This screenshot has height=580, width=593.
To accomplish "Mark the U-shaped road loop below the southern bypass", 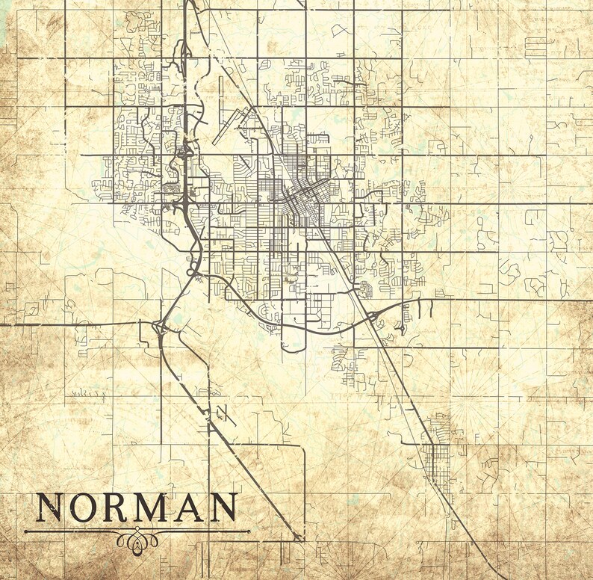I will pos(293,340).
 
